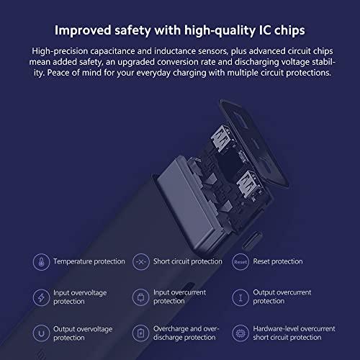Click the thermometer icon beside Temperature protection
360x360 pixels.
pos(41,262)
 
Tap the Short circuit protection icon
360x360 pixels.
pos(141,262)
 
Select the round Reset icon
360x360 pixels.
pos(240,262)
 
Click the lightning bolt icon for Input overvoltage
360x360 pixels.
pos(41,297)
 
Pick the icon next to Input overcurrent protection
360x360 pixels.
pos(141,297)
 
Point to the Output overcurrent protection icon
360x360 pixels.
pos(240,297)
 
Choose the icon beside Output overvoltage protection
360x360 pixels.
pos(41,333)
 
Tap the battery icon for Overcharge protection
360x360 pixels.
pos(141,333)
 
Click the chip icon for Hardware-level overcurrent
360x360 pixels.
pos(240,333)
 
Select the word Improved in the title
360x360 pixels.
pos(83,31)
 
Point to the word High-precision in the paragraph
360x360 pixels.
pos(60,51)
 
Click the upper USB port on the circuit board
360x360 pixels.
pos(221,138)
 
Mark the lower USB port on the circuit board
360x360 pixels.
pos(248,183)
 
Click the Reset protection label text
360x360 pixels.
pos(278,261)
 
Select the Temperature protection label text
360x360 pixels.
pos(89,261)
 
